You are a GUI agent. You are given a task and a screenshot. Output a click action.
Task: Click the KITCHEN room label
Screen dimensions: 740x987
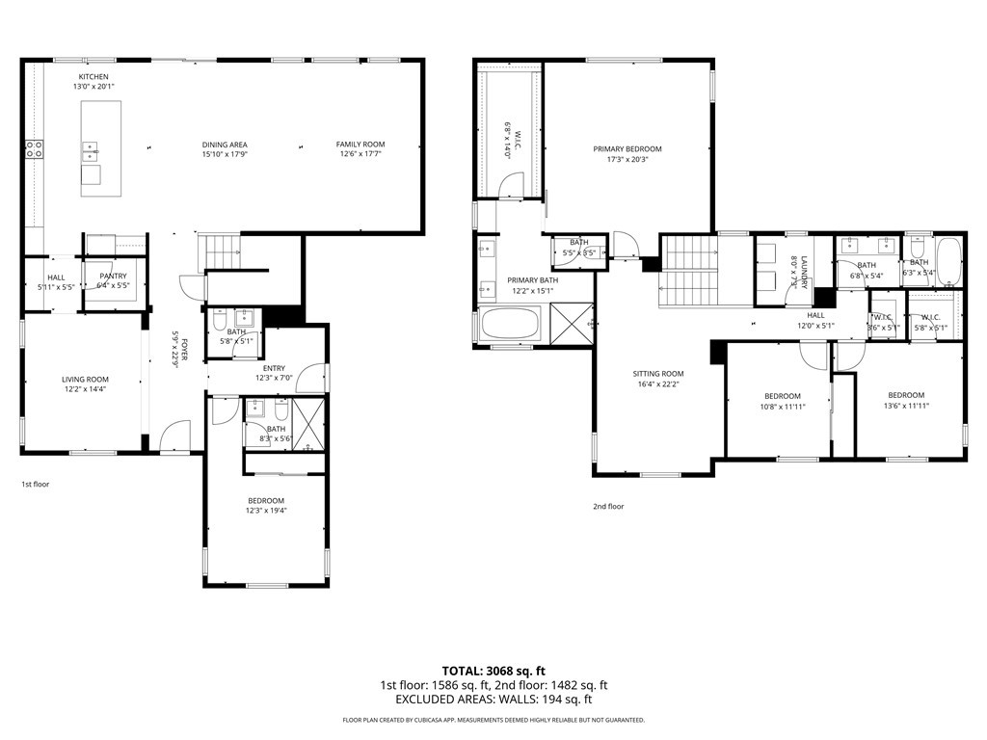(x=93, y=76)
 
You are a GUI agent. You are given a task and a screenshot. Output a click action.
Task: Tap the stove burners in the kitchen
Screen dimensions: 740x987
(x=34, y=148)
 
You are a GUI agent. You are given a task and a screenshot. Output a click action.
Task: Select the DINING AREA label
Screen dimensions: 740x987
(x=225, y=145)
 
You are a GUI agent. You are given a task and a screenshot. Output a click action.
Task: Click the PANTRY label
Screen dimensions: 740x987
(x=113, y=276)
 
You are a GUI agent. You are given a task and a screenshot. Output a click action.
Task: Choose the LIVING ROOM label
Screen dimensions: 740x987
(x=85, y=380)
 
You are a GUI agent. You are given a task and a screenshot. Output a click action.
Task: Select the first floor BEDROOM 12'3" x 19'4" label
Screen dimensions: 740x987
(x=265, y=500)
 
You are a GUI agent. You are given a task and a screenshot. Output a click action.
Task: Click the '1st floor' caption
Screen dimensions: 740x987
(x=35, y=484)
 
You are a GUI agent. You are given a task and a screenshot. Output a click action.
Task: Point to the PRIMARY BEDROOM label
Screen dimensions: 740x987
(x=627, y=148)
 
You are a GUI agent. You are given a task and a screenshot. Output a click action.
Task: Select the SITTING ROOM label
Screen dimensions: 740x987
(x=657, y=374)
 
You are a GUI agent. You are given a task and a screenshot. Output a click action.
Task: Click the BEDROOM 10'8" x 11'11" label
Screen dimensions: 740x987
(x=782, y=396)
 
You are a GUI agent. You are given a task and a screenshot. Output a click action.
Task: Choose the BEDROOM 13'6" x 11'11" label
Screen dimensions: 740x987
(x=905, y=395)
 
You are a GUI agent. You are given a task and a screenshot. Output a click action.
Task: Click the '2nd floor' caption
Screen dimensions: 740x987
(x=608, y=506)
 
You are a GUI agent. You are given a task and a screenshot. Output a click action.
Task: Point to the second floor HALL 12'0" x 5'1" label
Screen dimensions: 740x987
(x=815, y=315)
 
